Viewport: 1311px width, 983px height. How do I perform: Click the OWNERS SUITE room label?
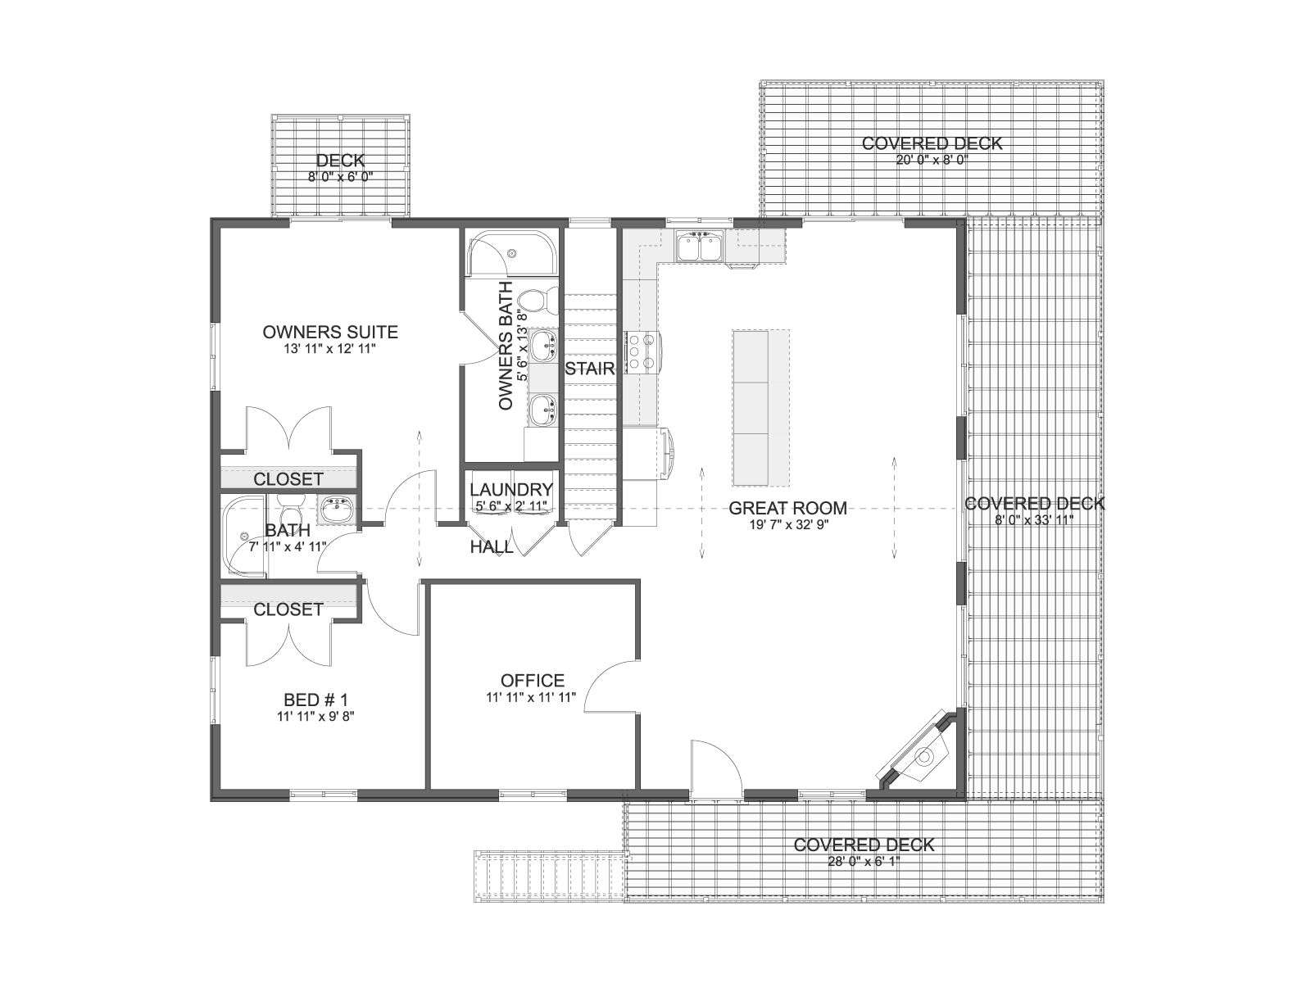pyautogui.click(x=330, y=332)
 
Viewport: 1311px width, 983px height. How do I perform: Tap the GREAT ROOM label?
pyautogui.click(x=787, y=508)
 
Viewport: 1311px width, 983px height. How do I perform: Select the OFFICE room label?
pyautogui.click(x=532, y=681)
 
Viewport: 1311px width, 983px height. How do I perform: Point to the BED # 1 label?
pyautogui.click(x=316, y=699)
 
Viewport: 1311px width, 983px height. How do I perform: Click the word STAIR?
pyautogui.click(x=590, y=369)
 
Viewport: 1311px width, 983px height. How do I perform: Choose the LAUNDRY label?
pyautogui.click(x=511, y=490)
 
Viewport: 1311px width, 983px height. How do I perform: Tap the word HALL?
pyautogui.click(x=492, y=546)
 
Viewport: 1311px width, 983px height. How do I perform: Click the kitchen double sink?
pyautogui.click(x=700, y=247)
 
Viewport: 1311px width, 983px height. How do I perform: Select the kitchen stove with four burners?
pyautogui.click(x=642, y=352)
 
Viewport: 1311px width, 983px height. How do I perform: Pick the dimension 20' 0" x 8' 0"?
pyautogui.click(x=932, y=160)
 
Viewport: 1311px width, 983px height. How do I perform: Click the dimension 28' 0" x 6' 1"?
pyautogui.click(x=864, y=861)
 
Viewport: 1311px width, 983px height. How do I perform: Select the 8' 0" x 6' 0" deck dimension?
pyautogui.click(x=341, y=177)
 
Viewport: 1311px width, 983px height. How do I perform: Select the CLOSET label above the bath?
pyautogui.click(x=288, y=479)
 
